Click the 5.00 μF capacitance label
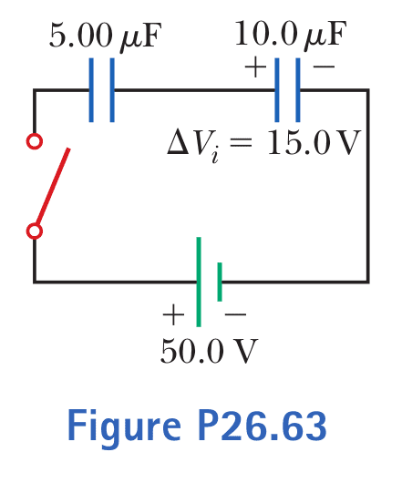106,36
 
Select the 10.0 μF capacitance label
291,35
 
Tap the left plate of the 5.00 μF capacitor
91,90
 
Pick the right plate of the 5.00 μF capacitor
112,90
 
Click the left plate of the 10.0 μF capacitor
277,90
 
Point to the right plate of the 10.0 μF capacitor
298,90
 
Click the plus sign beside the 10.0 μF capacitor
255,67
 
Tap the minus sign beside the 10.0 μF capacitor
324,66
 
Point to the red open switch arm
53,186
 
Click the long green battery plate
199,282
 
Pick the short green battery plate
220,282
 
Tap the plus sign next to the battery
173,314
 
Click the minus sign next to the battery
236,314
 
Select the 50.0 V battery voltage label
209,351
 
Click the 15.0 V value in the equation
314,142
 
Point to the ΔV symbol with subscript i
194,146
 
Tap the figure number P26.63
263,426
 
